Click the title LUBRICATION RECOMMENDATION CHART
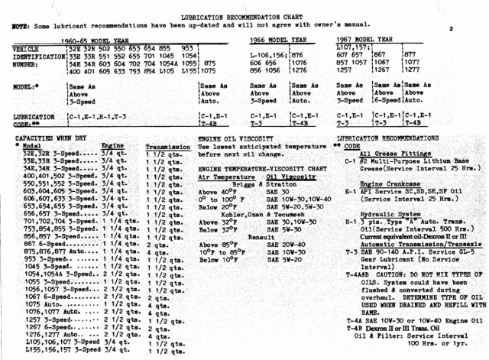coord(244,15)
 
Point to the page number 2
coord(452,29)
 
